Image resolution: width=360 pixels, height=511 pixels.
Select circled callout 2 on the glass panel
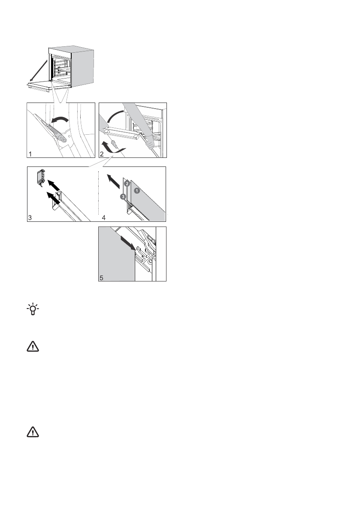coord(127,183)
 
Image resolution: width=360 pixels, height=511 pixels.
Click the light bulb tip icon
coord(32,310)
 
